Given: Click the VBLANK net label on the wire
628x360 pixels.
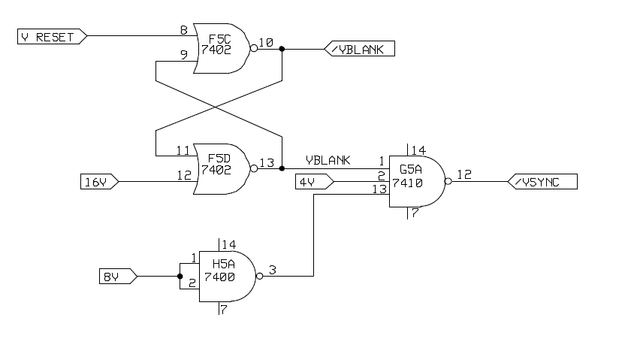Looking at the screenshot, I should pyautogui.click(x=328, y=160).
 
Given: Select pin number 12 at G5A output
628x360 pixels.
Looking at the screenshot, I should pyautogui.click(x=464, y=174).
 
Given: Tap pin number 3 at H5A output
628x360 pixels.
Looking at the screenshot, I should pyautogui.click(x=272, y=269).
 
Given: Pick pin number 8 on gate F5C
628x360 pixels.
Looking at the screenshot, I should pyautogui.click(x=183, y=30).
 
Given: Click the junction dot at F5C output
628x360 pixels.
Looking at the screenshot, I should pyautogui.click(x=282, y=49).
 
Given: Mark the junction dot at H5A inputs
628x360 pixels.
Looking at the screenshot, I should pyautogui.click(x=180, y=277).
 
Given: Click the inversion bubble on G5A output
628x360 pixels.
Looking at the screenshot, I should pyautogui.click(x=448, y=182).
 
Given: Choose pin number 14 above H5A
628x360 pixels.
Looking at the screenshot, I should pyautogui.click(x=228, y=244).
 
